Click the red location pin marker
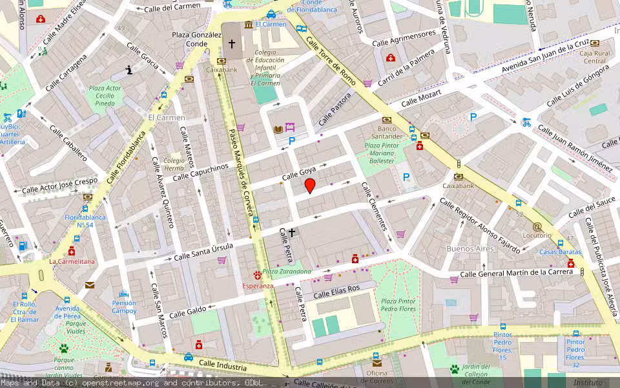point(310,186)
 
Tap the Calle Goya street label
point(298,173)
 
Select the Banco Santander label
point(386,132)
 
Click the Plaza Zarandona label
point(287,272)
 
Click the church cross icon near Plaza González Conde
point(232,45)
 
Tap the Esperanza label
point(258,285)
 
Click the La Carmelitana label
point(72,262)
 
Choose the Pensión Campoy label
point(124,307)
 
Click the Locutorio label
point(537,235)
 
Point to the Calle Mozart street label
point(421,99)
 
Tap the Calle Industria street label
point(223,367)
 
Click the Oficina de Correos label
point(377,377)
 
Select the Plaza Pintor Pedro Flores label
point(398,305)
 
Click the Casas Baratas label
point(560,252)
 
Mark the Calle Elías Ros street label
point(336,292)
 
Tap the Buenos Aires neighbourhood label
point(470,248)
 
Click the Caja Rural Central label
point(594,57)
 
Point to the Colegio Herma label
point(174,164)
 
